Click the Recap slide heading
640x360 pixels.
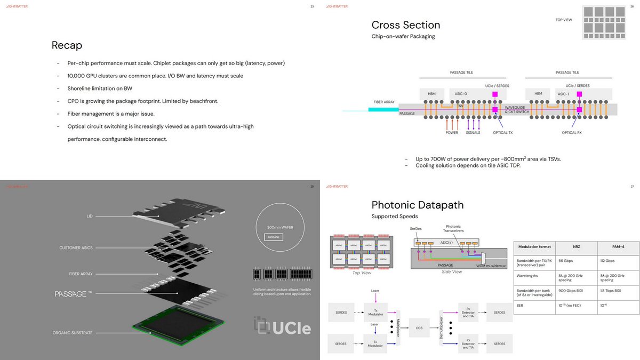point(67,45)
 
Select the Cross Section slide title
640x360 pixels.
point(405,25)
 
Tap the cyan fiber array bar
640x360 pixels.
point(383,109)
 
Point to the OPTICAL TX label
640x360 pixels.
point(502,132)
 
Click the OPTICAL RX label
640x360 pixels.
point(572,132)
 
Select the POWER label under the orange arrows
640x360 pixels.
point(452,132)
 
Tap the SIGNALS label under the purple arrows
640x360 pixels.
point(473,132)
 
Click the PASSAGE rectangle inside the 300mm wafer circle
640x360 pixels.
point(273,237)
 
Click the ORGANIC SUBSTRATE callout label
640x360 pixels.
point(73,333)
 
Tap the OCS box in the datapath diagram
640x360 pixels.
point(419,327)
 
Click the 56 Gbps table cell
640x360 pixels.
point(566,261)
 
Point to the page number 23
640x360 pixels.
point(312,6)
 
